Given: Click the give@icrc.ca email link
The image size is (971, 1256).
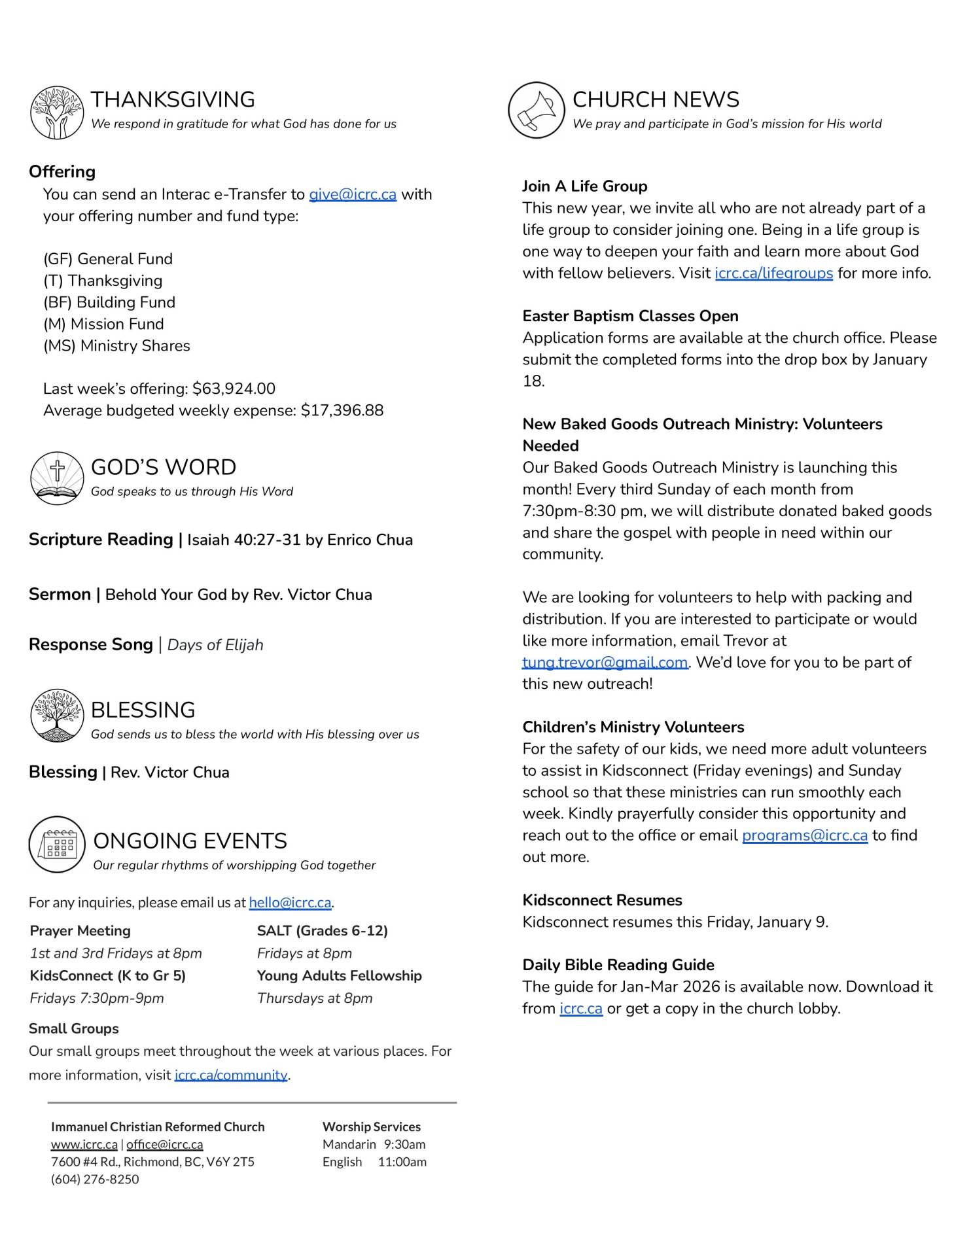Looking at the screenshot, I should (353, 194).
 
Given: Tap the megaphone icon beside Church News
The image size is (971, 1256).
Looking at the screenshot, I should (536, 111).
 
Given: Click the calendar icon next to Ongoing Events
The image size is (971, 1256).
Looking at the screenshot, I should (57, 844).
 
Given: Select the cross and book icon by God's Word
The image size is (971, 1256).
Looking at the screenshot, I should (57, 478).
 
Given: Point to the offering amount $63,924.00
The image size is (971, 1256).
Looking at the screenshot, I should (234, 389).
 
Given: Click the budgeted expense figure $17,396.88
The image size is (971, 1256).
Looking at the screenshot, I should (342, 410).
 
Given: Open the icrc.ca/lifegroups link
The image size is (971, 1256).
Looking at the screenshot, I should (773, 273).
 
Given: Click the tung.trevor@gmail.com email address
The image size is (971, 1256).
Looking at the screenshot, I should (605, 662).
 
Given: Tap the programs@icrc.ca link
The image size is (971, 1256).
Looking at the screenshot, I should (804, 835).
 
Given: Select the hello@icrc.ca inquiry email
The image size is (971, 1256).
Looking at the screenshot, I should (290, 903).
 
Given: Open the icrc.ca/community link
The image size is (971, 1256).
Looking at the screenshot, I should (231, 1075).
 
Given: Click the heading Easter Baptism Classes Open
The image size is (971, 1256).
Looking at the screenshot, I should (630, 316).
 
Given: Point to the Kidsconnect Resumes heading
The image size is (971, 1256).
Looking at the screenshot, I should (602, 900).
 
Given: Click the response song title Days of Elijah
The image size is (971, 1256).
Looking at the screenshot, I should (215, 645).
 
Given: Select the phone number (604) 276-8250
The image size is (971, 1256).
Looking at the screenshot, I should (95, 1179).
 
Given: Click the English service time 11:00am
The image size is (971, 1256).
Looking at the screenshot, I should (402, 1162).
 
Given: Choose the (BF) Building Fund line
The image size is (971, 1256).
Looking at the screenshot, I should (109, 302).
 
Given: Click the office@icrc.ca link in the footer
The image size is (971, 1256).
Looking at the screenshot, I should (164, 1144).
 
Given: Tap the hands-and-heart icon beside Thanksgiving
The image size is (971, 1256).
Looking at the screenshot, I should (57, 113).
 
